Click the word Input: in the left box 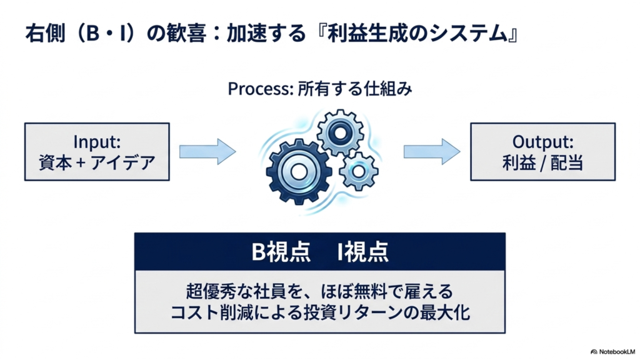pyautogui.click(x=97, y=142)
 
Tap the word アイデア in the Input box pyautogui.click(x=122, y=162)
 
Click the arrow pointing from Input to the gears pyautogui.click(x=207, y=152)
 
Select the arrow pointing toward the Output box pyautogui.click(x=432, y=152)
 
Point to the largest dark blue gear pyautogui.click(x=298, y=172)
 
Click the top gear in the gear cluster pyautogui.click(x=340, y=132)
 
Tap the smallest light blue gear pyautogui.click(x=358, y=171)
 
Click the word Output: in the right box pyautogui.click(x=543, y=142)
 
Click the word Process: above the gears pyautogui.click(x=261, y=89)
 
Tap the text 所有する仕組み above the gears pyautogui.click(x=355, y=89)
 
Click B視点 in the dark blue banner pyautogui.click(x=281, y=251)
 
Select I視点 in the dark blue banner pyautogui.click(x=363, y=251)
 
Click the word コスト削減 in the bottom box pyautogui.click(x=212, y=312)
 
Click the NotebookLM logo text pyautogui.click(x=613, y=351)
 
